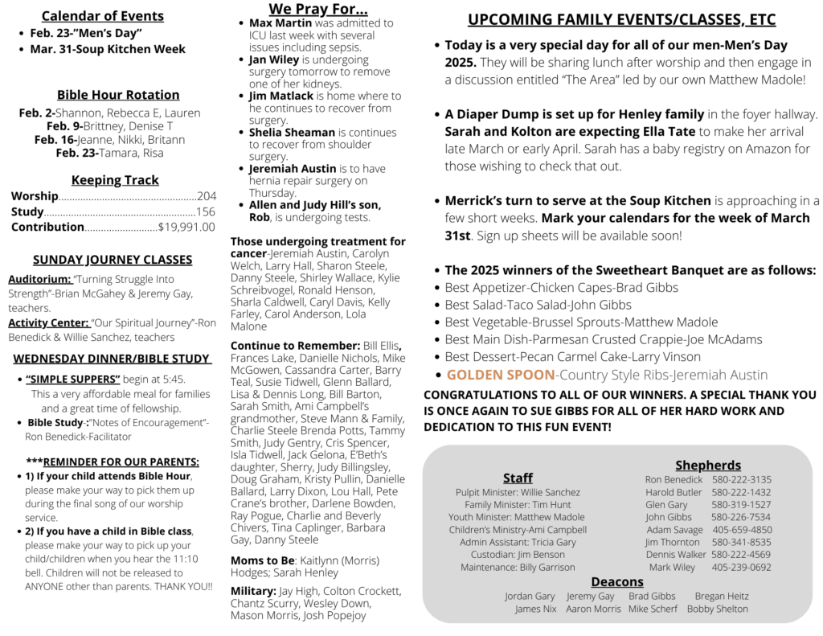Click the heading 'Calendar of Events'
[102, 16]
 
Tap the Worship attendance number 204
[207, 196]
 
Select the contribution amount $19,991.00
[186, 227]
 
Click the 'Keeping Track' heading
[115, 180]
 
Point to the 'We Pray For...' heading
[318, 9]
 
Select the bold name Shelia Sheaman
[292, 132]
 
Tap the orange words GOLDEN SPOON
[501, 375]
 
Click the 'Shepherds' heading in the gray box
[708, 465]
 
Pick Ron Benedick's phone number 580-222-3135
[741, 480]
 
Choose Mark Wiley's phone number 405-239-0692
[741, 567]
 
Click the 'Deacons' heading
[617, 581]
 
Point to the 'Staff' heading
[518, 478]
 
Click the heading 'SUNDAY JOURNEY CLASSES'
[113, 260]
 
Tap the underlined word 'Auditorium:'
[39, 279]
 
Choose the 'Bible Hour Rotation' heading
[118, 95]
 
